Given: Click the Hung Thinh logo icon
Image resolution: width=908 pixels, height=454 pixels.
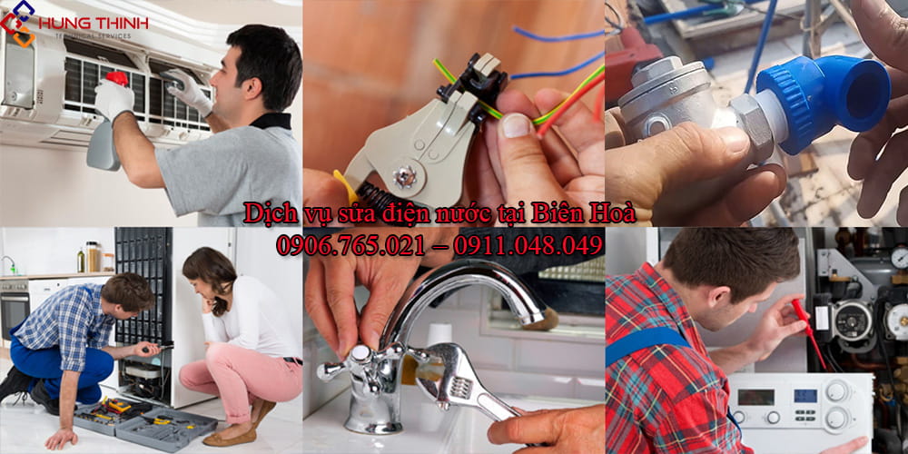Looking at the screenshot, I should tap(17, 21).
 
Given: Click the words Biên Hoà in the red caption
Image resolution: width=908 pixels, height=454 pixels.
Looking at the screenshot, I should tap(590, 214).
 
